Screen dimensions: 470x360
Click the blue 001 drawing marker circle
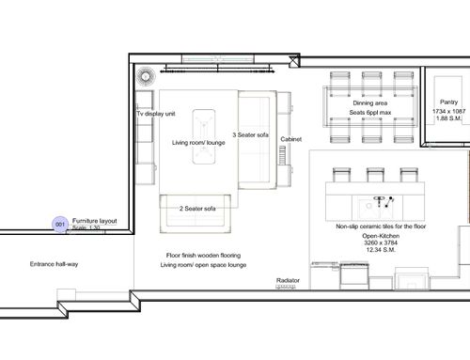[x=60, y=225]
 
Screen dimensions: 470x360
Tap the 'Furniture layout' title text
[x=95, y=221]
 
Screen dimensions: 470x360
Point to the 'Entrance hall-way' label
[x=54, y=264]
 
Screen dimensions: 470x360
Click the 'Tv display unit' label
[x=156, y=114]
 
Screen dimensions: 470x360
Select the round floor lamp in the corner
[x=146, y=76]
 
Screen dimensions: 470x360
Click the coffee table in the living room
[x=204, y=136]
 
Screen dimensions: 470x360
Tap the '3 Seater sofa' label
[x=250, y=135]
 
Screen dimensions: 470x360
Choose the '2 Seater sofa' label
[x=197, y=209]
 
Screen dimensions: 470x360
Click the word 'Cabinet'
[x=291, y=139]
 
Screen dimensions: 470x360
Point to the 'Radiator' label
[x=288, y=280]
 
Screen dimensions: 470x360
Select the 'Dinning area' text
[x=370, y=103]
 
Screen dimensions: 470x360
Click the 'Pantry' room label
[x=448, y=102]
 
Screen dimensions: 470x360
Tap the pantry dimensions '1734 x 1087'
[x=449, y=111]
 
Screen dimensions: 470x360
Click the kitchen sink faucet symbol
[x=380, y=201]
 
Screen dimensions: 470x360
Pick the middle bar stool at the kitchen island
[x=375, y=175]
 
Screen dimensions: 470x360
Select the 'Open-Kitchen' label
[x=381, y=236]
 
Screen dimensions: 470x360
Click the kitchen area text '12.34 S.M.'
[x=381, y=250]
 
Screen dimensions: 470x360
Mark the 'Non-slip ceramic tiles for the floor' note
[x=381, y=227]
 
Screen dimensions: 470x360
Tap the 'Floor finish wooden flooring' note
[x=203, y=256]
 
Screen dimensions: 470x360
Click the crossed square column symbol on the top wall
[x=294, y=62]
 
